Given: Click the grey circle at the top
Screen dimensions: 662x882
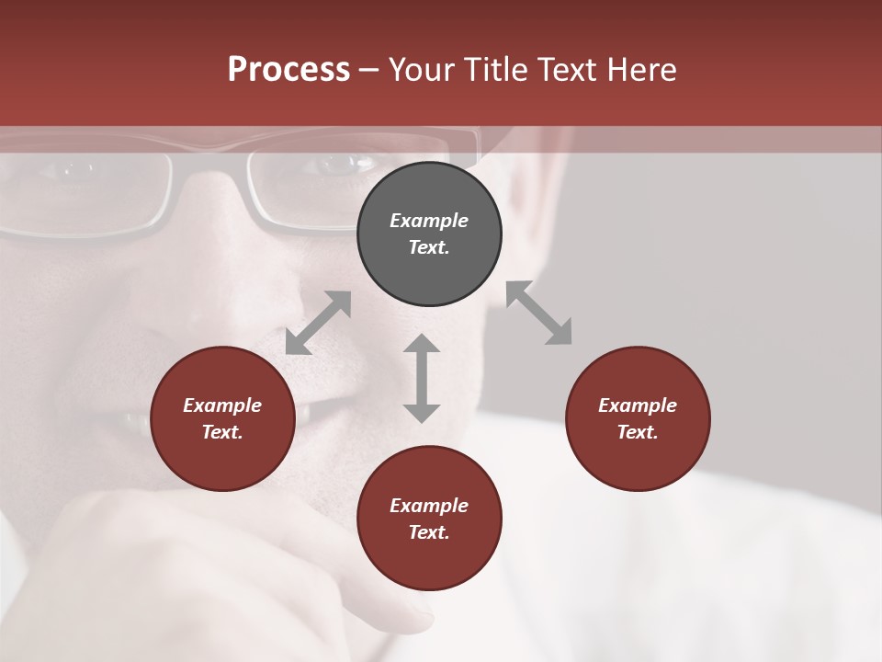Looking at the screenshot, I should coord(429,234).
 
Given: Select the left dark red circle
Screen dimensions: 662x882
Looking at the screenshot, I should coord(222,419).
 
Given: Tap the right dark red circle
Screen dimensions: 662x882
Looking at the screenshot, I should coord(638,419).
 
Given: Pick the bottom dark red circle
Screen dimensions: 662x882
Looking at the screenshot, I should coord(429,519).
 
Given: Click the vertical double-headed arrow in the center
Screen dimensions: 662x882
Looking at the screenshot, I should coord(422,379).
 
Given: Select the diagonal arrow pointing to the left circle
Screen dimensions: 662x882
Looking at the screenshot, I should coord(318,323).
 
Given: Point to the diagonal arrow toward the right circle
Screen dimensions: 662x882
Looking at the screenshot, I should coord(539,313).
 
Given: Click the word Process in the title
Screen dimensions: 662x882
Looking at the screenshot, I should coord(288,69).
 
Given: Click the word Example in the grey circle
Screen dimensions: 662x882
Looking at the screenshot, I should coord(429,221).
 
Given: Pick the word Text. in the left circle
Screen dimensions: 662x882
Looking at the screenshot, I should coord(222,432).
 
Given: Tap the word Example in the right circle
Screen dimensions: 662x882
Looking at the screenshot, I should coord(638,405).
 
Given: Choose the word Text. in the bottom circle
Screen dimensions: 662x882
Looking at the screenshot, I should coord(429,532).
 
